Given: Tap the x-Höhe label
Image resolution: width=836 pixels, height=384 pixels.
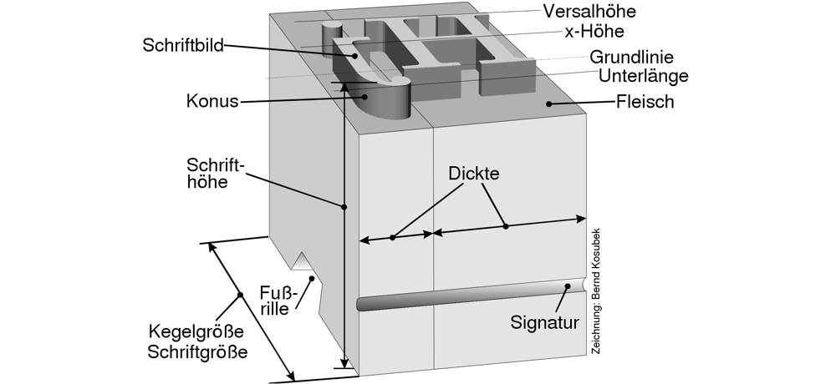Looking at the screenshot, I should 594,31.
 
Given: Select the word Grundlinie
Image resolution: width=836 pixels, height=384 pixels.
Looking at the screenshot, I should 632,58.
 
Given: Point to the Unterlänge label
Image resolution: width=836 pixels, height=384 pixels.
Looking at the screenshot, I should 643,76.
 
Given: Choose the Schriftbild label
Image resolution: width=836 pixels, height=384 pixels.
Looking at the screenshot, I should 182,46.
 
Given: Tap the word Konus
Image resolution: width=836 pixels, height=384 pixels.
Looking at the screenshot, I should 212,102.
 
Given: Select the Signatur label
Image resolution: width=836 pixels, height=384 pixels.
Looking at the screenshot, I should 545,321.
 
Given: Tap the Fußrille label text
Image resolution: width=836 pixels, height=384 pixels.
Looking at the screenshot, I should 275,299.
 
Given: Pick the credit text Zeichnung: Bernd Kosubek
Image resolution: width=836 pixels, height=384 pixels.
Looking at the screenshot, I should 595,291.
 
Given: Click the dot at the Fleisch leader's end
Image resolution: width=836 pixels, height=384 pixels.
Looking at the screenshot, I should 548,104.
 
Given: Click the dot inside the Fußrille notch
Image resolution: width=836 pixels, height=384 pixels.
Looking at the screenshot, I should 311,279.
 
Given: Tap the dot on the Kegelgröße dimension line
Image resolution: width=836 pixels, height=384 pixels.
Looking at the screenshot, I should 240,294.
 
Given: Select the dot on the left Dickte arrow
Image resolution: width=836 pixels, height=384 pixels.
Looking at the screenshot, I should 393,238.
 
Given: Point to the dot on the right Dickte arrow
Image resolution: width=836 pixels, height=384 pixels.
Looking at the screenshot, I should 505,226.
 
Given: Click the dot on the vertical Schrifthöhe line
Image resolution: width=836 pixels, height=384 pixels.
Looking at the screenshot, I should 344,205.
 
